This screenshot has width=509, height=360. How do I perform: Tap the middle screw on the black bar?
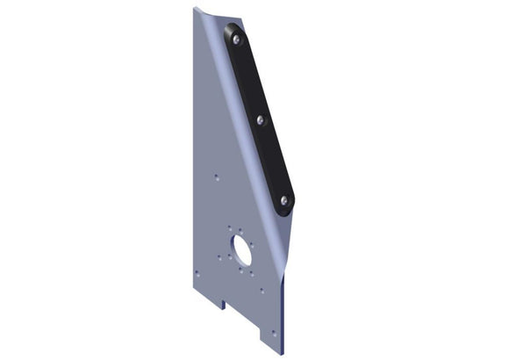point(261,119)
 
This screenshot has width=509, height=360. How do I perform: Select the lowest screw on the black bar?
point(284,201)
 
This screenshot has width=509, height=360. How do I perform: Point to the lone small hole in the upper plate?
point(216,176)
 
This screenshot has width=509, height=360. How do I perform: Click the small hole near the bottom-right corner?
point(274,333)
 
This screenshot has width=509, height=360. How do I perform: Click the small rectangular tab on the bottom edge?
point(225,305)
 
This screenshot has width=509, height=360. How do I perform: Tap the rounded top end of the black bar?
point(233,29)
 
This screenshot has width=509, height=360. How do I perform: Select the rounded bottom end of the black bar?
point(287,211)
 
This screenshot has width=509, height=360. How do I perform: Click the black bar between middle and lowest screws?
point(273,161)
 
